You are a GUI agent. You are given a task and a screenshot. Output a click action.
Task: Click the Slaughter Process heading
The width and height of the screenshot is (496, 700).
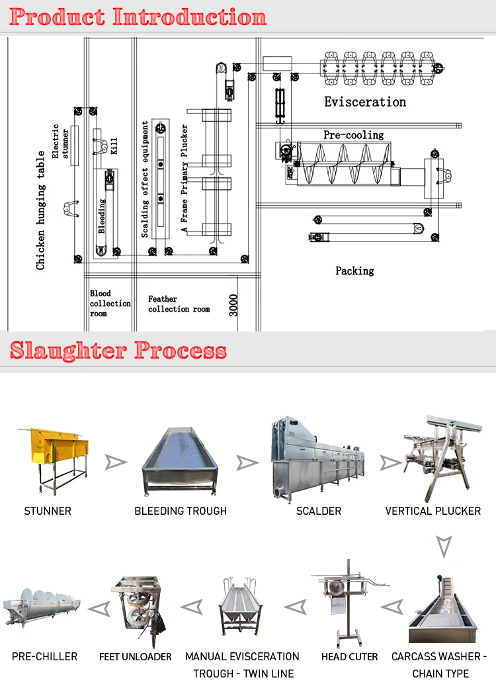(118, 350)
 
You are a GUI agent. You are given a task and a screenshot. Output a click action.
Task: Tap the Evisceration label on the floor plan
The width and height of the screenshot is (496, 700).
(364, 102)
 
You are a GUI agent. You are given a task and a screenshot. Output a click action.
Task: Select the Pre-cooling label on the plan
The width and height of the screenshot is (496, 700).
(353, 135)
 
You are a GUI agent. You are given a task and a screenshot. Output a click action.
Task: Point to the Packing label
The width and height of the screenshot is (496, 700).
(354, 271)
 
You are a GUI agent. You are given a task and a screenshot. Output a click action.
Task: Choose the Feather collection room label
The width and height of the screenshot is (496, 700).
(178, 304)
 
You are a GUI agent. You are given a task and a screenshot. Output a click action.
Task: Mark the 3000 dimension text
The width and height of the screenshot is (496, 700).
(233, 305)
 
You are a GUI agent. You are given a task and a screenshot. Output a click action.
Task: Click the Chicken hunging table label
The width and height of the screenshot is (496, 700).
(41, 210)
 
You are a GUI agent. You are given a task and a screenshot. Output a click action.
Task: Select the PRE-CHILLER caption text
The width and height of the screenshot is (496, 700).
(44, 657)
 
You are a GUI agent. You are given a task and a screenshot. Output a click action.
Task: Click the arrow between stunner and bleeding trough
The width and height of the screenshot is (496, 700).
(116, 462)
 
